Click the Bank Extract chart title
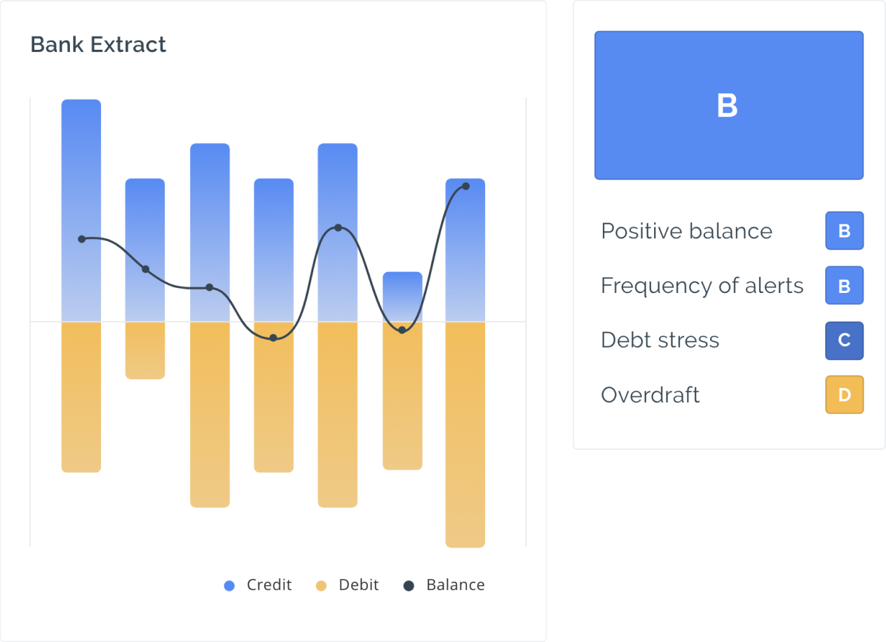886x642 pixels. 98,44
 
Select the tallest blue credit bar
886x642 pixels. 81,210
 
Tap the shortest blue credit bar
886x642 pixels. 402,296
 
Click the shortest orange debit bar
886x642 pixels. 145,350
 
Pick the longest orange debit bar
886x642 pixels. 465,435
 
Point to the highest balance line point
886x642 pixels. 466,186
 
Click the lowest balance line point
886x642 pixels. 273,338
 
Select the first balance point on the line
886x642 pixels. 82,239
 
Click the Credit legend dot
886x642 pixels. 229,585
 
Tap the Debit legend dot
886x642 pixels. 321,585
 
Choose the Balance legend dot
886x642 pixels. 409,585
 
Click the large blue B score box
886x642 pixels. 729,105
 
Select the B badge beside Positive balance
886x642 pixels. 845,231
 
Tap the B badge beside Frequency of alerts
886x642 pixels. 845,285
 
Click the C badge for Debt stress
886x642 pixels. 845,341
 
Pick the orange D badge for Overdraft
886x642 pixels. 845,395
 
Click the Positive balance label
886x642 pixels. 687,231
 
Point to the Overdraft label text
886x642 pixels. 650,395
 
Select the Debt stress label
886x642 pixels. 660,340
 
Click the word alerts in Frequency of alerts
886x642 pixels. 774,285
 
